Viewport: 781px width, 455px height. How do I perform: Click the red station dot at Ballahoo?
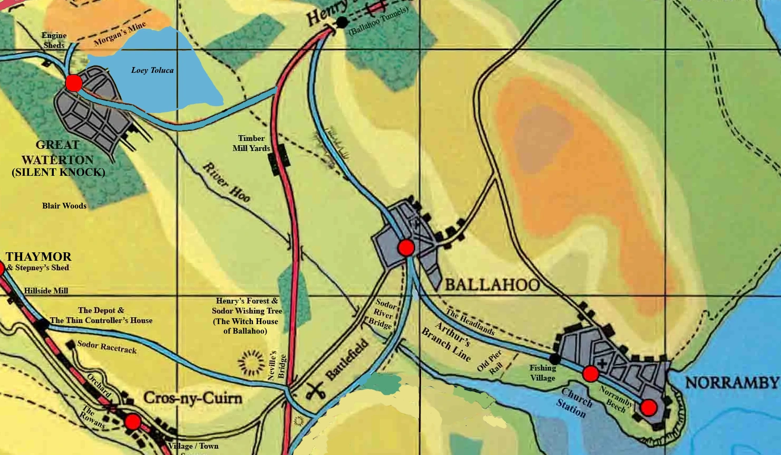pos(406,248)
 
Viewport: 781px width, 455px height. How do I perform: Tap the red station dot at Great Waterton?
pos(74,83)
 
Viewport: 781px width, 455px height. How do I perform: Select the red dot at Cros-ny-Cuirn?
pos(133,422)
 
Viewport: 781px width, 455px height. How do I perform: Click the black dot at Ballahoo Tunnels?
pos(342,22)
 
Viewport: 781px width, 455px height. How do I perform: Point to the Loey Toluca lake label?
pos(152,70)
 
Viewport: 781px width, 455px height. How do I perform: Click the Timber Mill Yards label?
pos(251,143)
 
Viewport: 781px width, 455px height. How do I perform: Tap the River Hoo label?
pos(227,182)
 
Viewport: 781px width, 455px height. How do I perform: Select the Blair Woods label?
pos(64,206)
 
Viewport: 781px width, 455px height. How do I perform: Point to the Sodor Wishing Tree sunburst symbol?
pos(250,363)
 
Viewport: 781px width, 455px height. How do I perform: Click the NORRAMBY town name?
pos(732,383)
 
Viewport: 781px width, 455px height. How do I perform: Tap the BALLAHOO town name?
pos(492,285)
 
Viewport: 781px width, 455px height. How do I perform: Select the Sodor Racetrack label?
pos(106,347)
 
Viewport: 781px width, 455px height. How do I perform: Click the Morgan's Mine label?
pos(120,34)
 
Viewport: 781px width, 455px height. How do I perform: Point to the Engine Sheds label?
pos(54,40)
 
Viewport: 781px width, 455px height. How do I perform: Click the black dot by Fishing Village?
pos(554,359)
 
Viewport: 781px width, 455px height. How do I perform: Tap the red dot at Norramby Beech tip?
pos(649,407)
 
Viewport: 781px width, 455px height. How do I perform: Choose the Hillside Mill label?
pos(46,291)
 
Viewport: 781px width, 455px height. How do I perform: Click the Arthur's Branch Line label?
pos(446,341)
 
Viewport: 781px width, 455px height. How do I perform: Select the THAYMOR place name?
pos(38,257)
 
